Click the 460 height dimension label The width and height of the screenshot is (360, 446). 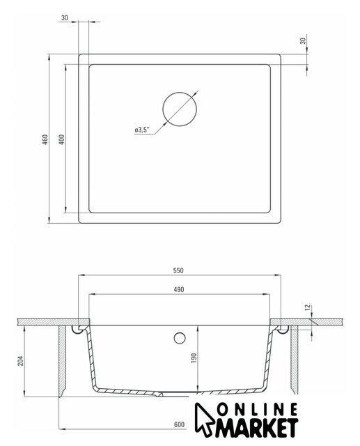point(45,139)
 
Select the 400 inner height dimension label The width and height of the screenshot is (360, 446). point(62,139)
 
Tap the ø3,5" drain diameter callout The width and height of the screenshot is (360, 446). point(142,130)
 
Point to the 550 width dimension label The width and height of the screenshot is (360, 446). point(178,270)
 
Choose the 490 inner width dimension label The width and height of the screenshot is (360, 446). point(179,290)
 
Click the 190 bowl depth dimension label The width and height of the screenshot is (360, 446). point(194,357)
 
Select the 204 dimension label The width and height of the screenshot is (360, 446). point(22,361)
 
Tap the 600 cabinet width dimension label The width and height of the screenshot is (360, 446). point(179,424)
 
